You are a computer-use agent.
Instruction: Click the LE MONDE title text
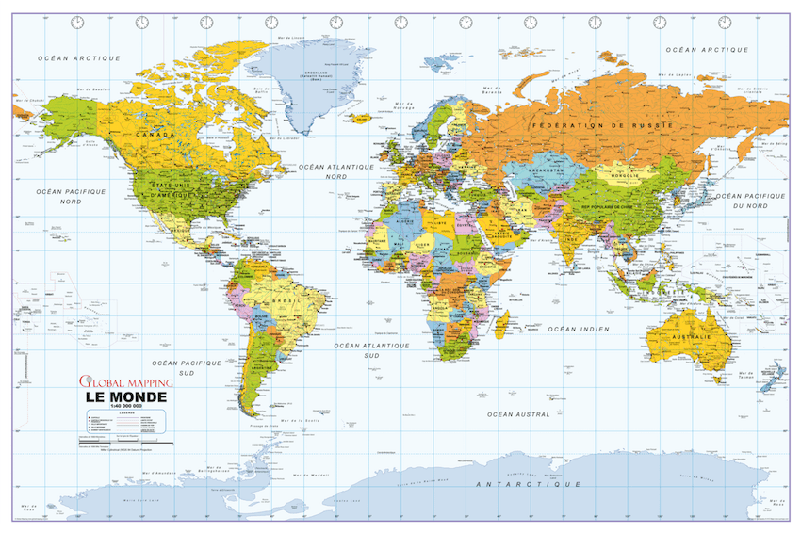click(125, 397)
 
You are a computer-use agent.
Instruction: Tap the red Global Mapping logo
click(125, 382)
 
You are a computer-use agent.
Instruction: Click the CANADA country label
click(157, 135)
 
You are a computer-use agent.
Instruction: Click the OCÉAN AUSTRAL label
click(517, 414)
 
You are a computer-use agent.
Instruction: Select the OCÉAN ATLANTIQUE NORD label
click(336, 170)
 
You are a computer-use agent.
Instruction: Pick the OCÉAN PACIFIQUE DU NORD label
click(751, 200)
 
